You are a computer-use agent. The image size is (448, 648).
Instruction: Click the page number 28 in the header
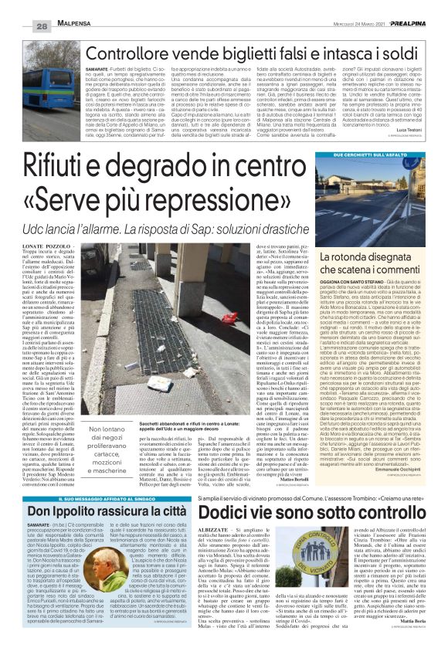21,27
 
